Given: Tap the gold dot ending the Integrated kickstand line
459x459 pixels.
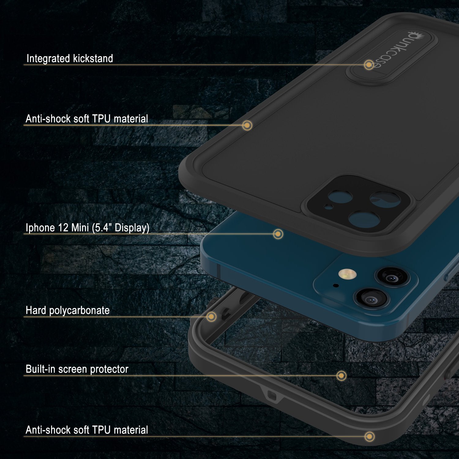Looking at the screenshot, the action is (x=369, y=65).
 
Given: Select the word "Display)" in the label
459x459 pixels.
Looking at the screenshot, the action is (x=132, y=228).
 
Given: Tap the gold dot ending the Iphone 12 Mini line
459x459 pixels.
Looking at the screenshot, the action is (x=278, y=234).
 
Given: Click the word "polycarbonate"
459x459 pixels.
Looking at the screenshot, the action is (x=79, y=311).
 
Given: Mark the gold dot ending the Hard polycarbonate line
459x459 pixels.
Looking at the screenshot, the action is (x=211, y=317).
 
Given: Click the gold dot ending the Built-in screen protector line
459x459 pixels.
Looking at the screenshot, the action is (x=341, y=375).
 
